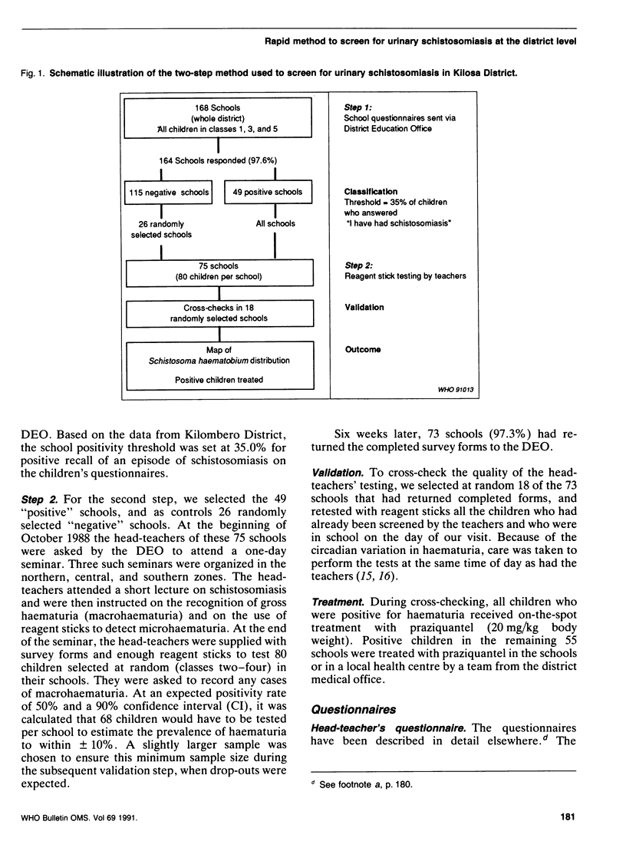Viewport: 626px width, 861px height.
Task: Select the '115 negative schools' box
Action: tap(170, 192)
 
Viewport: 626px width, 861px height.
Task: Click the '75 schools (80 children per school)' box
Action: tap(220, 272)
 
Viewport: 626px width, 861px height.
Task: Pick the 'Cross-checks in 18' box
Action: tap(220, 313)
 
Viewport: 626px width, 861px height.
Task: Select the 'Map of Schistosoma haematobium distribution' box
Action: tap(220, 365)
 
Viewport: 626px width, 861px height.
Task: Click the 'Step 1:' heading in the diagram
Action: tap(357, 109)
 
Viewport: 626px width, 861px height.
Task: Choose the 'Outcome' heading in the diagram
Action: tap(362, 348)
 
